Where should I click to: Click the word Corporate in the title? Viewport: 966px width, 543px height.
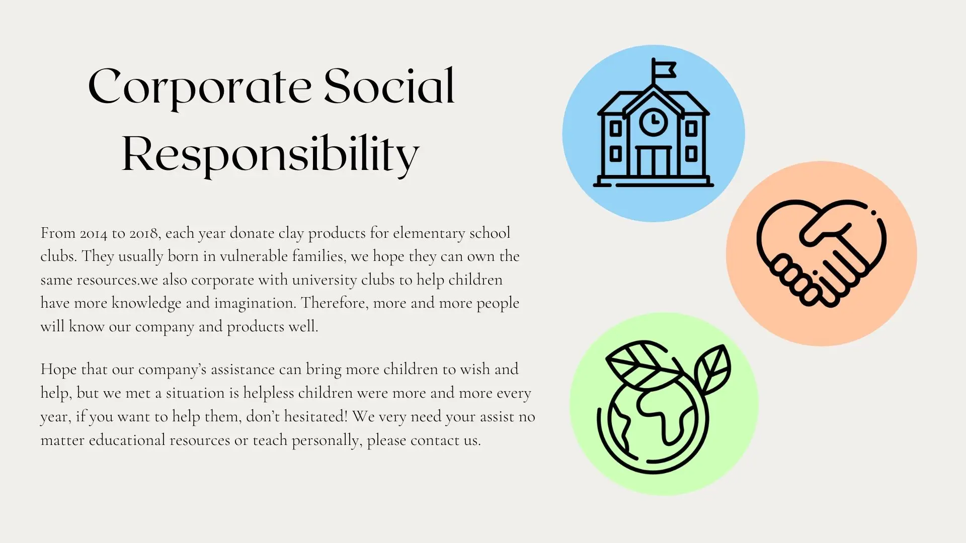coord(200,88)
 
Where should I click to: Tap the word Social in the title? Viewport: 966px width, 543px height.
coord(389,86)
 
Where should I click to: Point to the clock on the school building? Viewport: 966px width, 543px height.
coord(654,122)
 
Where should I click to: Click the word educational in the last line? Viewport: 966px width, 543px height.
coord(127,440)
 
